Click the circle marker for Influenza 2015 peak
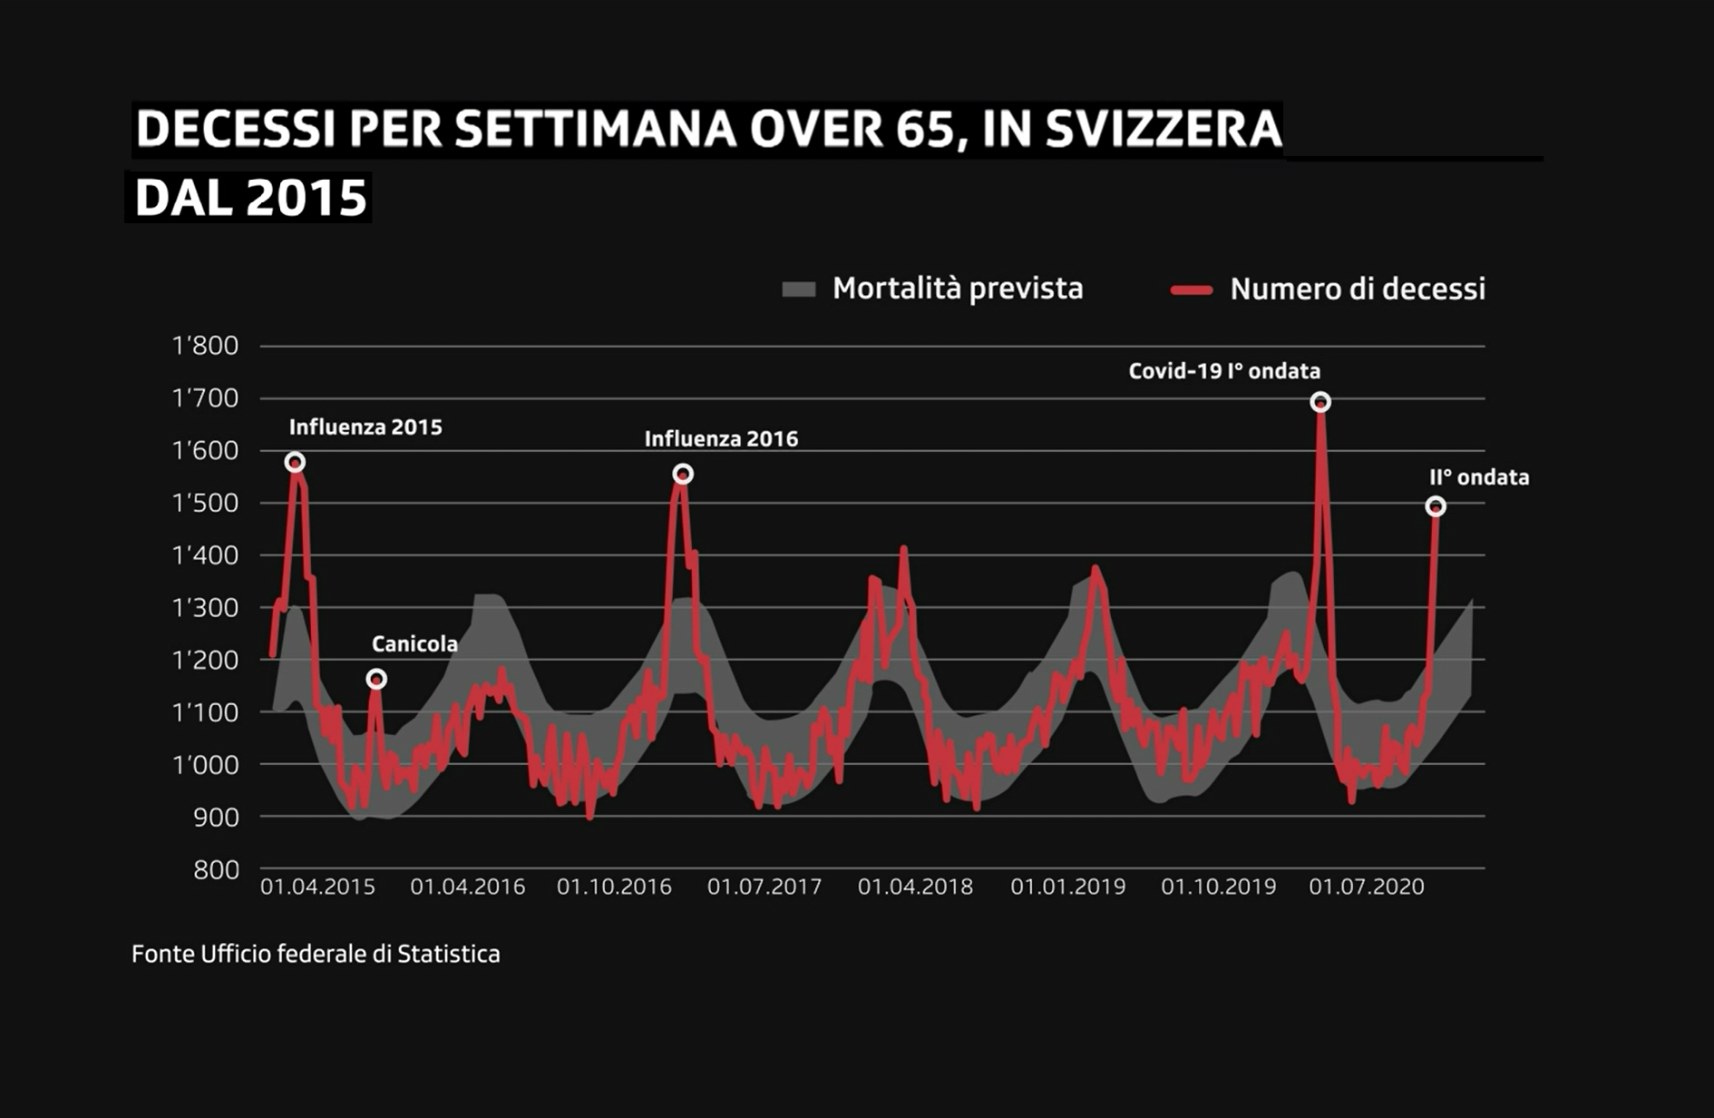coord(295,463)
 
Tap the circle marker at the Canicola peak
coord(376,679)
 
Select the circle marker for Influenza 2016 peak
coord(683,474)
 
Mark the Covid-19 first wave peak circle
coord(1320,402)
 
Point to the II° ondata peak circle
coord(1436,506)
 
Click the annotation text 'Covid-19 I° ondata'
coord(1223,371)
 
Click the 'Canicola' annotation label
coord(414,644)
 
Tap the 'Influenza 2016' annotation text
coord(721,439)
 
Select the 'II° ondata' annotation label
coord(1478,477)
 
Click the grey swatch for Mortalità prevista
coord(799,289)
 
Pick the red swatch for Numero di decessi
coord(1191,290)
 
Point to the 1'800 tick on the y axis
coord(205,346)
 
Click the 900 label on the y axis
coord(216,817)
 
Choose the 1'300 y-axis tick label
coord(205,607)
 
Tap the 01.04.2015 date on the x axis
coord(317,887)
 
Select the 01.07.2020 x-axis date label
coord(1366,887)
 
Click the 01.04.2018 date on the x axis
coord(915,887)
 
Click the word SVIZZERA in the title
coord(1164,129)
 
